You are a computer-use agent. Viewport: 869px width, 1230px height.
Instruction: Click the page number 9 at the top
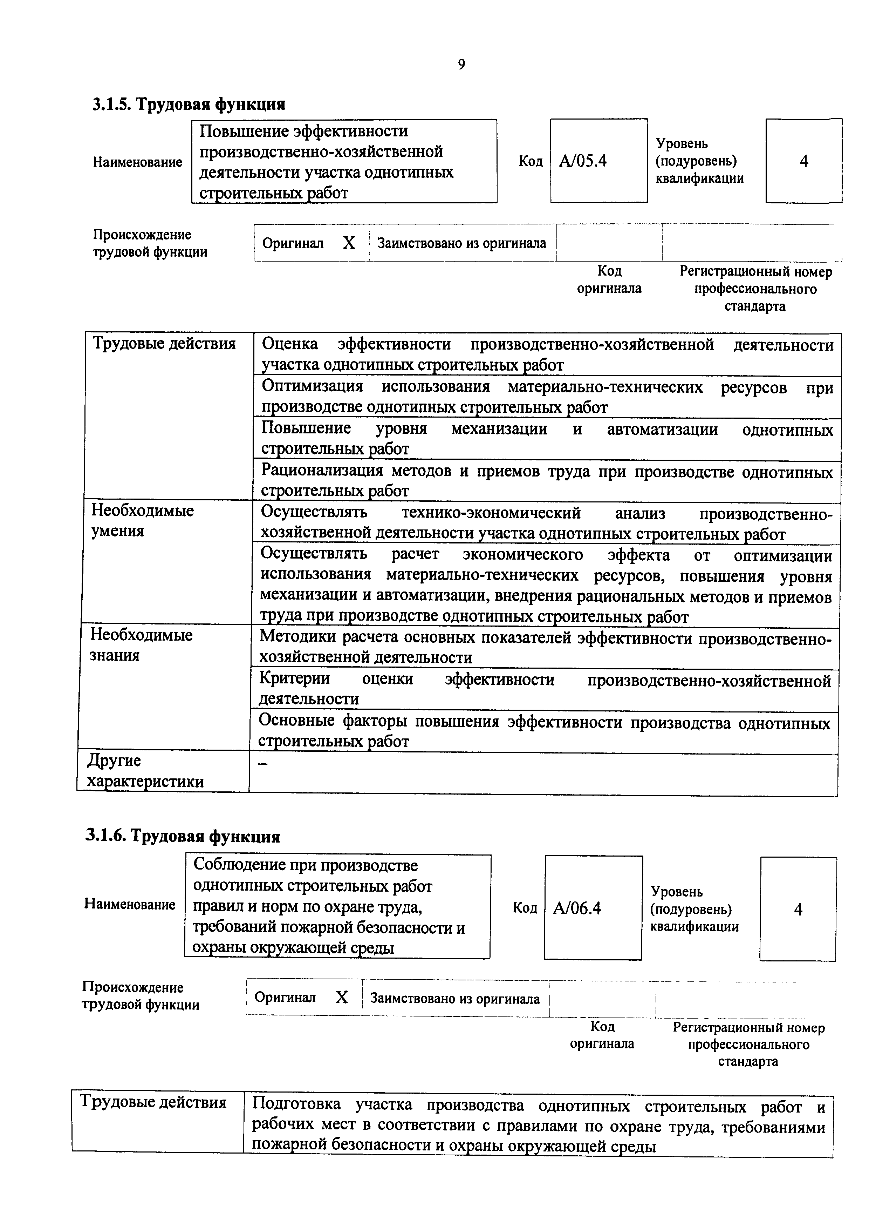(x=461, y=65)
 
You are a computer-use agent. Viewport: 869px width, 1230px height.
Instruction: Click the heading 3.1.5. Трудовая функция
(x=189, y=104)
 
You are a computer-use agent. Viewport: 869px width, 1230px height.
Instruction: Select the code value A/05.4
(x=583, y=161)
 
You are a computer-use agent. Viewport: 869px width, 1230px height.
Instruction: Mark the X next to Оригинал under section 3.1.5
(x=349, y=244)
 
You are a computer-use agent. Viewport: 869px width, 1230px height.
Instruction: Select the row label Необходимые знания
(x=141, y=645)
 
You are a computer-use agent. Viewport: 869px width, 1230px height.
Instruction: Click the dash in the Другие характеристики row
(x=262, y=764)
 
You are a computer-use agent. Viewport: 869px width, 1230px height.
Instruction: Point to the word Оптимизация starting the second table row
(x=312, y=386)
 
